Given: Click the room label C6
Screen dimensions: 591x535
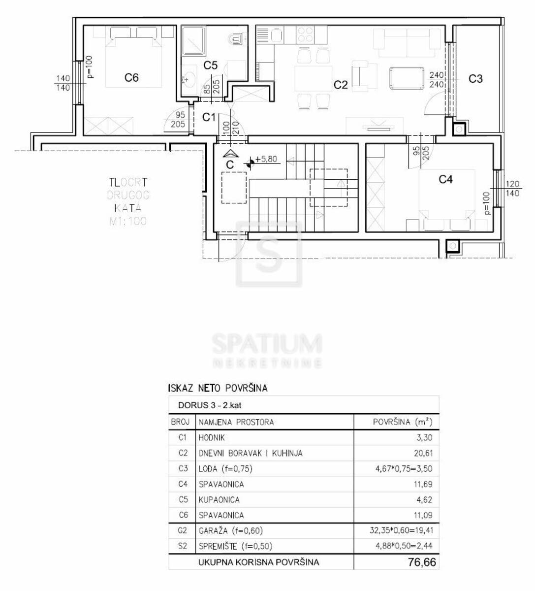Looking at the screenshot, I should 131,77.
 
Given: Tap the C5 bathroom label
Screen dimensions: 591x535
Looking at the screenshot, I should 210,65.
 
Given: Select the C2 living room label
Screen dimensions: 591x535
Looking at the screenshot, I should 341,85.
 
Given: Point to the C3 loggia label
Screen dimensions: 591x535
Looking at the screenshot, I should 475,79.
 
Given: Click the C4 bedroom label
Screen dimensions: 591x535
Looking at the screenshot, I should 445,180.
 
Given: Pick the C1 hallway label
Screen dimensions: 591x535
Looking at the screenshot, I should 209,117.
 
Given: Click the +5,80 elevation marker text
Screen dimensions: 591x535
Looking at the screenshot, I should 266,159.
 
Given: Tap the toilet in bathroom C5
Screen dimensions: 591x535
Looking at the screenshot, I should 236,37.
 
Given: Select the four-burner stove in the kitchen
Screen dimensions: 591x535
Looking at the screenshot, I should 305,34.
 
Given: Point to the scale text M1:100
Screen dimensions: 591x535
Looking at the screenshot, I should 128,221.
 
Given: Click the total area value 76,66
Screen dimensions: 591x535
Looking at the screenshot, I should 422,562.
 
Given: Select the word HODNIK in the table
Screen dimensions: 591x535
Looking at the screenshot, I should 212,437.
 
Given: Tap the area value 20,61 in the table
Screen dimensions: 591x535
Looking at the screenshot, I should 423,453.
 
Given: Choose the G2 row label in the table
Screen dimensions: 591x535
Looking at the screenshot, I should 183,530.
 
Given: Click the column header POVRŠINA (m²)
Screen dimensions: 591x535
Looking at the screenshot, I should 402,422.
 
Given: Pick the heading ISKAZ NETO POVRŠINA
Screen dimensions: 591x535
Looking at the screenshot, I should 218,388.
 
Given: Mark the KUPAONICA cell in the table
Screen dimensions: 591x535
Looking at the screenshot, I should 219,499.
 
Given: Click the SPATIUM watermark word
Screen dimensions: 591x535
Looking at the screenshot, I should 267,344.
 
